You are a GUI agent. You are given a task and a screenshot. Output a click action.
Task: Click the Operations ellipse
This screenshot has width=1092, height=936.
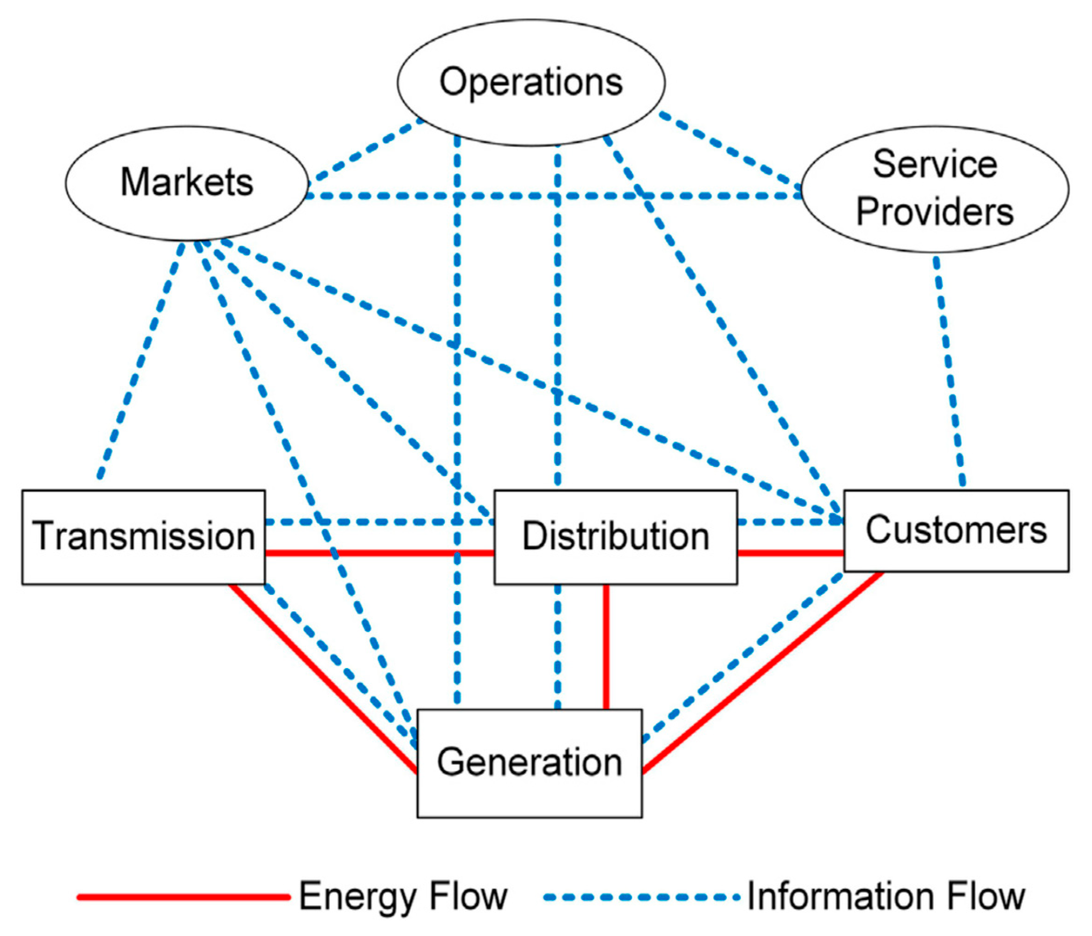pos(531,83)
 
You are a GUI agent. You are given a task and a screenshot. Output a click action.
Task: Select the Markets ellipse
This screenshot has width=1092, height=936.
pos(186,183)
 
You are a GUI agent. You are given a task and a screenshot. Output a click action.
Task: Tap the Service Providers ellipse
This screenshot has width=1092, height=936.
pos(934,189)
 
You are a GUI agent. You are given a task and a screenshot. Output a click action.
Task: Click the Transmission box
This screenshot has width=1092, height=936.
pos(143,536)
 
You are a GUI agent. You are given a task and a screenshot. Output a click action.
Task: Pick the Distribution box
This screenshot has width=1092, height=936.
pos(615,536)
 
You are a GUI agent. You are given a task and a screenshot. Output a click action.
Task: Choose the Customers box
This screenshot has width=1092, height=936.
pos(956,530)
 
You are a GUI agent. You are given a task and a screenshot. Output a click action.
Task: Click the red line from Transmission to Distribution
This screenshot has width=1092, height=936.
pos(379,553)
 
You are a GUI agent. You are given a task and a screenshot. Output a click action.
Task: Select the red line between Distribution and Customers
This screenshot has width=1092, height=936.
pos(790,553)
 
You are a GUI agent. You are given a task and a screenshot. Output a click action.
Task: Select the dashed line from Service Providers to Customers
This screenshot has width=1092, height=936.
pos(949,369)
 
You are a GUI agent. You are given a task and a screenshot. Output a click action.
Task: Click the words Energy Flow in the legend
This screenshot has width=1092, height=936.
pos(402,897)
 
